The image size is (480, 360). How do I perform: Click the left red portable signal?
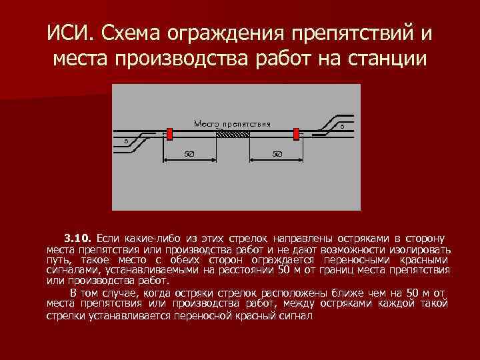[x=169, y=133]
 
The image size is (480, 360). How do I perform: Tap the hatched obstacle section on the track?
[x=233, y=134]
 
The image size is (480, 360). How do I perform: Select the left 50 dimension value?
[x=189, y=155]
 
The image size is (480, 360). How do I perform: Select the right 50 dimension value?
[x=277, y=155]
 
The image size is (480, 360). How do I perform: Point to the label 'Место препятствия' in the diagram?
[x=232, y=123]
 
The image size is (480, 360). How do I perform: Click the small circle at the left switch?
[x=127, y=141]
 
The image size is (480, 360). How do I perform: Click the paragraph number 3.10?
[x=78, y=238]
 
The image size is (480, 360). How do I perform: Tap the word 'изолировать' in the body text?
[x=421, y=249]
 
